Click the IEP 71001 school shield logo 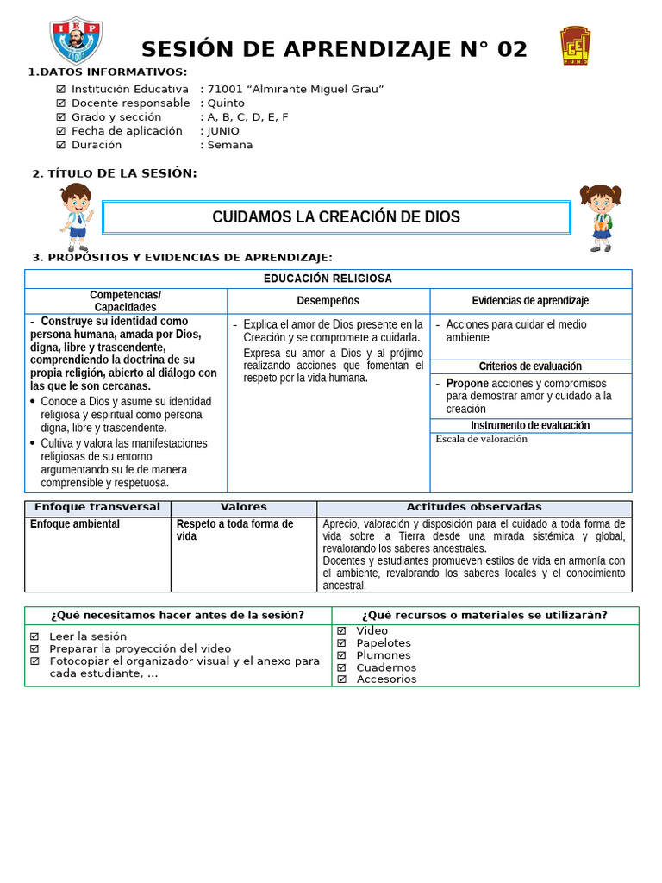tap(76, 40)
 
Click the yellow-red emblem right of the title tap(575, 46)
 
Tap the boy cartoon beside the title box tap(76, 217)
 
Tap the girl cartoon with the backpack tap(600, 217)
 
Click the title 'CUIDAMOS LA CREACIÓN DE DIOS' tap(336, 217)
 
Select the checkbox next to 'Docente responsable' tap(60, 103)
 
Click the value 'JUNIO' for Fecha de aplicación tap(223, 131)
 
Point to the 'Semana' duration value tap(230, 145)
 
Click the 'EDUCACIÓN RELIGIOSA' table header tap(328, 279)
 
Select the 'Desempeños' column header tap(328, 301)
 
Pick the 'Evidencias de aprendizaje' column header tap(530, 301)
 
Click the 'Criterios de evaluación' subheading tap(530, 366)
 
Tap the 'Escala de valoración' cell tap(481, 439)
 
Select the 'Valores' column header tap(243, 507)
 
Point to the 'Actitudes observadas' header tap(474, 507)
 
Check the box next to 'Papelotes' tap(341, 643)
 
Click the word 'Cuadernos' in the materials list tap(386, 667)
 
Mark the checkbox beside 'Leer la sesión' tap(34, 636)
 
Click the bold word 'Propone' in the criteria tap(467, 383)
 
